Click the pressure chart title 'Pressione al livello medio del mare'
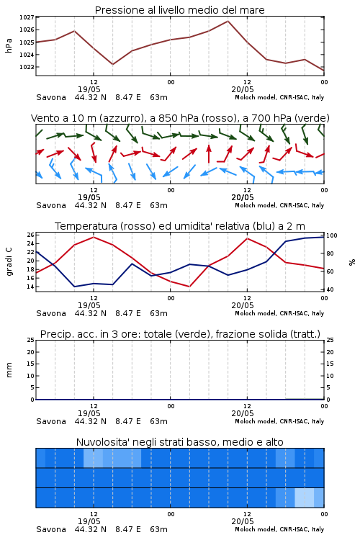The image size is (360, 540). (x=179, y=10)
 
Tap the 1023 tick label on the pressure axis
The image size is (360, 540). (x=27, y=67)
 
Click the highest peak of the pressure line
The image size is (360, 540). (x=228, y=21)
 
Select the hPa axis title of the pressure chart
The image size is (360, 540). (x=9, y=45)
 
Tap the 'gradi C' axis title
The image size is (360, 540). (x=9, y=261)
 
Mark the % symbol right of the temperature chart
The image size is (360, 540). (x=352, y=262)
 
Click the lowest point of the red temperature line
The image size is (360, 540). (x=189, y=287)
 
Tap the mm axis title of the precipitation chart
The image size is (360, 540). (x=9, y=370)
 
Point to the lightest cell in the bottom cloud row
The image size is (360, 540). (x=305, y=498)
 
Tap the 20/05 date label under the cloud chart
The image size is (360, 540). (x=243, y=521)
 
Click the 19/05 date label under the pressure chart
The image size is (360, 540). (x=89, y=89)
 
